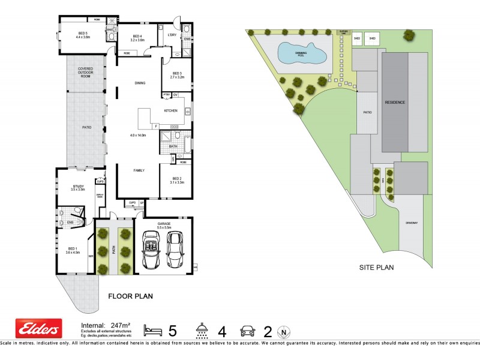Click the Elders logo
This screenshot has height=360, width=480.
pos(38,329)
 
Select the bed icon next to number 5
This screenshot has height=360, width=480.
pos(153,329)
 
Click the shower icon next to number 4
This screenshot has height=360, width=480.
pos(202,329)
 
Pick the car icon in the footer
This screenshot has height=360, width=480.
pos(248,329)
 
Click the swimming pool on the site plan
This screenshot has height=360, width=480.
pos(302,53)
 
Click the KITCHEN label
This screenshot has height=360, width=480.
pos(171,110)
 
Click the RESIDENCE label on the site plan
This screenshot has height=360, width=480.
pos(395,102)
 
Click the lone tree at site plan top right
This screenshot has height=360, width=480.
pos(409,35)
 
